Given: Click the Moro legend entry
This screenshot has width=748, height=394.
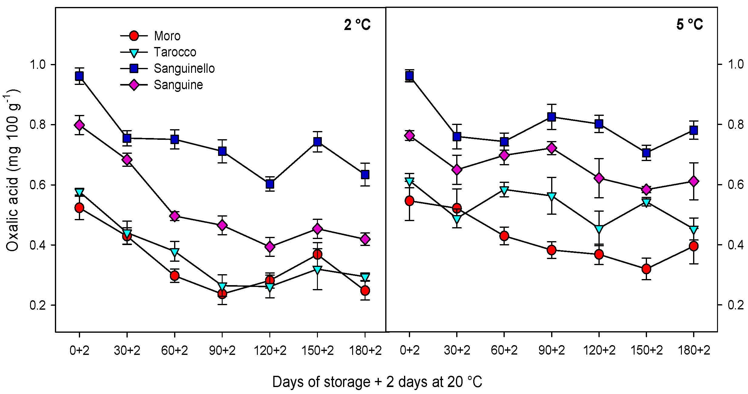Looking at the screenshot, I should (167, 36).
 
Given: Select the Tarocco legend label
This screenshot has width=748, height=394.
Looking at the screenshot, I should (175, 52).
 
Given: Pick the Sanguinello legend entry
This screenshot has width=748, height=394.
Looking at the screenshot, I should (184, 69).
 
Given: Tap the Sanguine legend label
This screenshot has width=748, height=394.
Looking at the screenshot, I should (178, 85).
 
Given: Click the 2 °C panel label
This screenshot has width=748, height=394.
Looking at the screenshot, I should (357, 25).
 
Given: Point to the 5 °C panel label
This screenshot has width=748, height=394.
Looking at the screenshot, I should (689, 24).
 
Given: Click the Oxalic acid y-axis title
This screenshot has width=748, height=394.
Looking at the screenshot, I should (13, 170).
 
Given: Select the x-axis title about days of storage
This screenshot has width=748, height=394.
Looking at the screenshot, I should (377, 382).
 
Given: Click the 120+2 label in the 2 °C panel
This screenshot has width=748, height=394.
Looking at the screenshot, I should (270, 351).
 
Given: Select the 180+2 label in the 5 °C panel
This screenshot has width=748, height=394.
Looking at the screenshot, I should (694, 350).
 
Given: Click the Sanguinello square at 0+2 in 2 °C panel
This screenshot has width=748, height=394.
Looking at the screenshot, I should (79, 76).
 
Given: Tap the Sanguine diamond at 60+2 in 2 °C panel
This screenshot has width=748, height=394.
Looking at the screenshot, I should (174, 216).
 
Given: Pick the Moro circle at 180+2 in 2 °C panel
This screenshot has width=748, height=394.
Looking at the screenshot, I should (365, 291).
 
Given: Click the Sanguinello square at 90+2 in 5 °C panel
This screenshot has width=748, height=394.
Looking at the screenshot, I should (551, 117).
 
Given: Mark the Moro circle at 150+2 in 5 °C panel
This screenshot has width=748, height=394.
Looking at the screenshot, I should (646, 269).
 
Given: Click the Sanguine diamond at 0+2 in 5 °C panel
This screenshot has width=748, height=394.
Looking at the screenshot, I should (409, 136).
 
